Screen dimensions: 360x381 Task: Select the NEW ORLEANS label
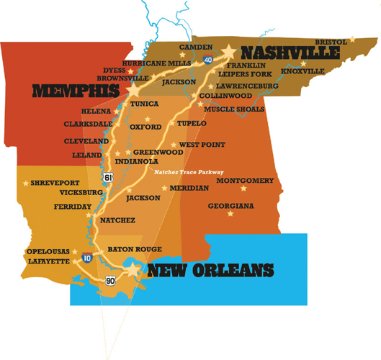[211, 271]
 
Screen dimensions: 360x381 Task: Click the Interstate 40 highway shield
[207, 60]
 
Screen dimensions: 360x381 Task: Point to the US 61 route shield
[107, 176]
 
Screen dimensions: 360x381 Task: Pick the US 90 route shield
[109, 279]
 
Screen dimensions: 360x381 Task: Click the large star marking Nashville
[230, 52]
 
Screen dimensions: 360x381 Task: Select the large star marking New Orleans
[133, 270]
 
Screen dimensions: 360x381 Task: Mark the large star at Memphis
[134, 91]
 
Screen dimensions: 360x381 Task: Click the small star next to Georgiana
[230, 214]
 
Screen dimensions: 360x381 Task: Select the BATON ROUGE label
[135, 249]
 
